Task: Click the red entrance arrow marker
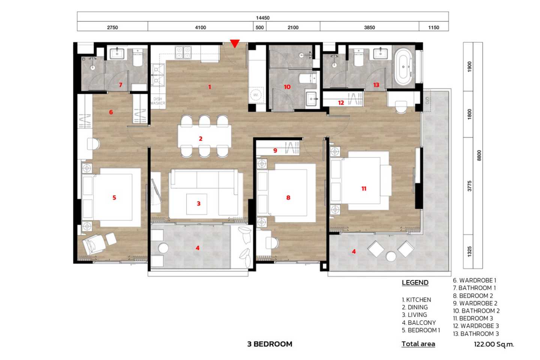tap(235, 43)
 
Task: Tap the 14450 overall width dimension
tap(262, 18)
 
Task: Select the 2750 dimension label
tap(112, 27)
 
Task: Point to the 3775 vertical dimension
tap(469, 186)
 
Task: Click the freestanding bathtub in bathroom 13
tap(403, 67)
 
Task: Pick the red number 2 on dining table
tap(201, 139)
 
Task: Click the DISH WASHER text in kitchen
tap(157, 101)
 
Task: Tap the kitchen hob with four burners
tap(183, 52)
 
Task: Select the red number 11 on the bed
tap(364, 189)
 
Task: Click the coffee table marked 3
tap(197, 204)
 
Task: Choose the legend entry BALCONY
tap(419, 322)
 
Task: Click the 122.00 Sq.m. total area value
tap(494, 344)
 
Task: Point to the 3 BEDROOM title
tap(270, 344)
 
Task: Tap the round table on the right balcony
tap(391, 256)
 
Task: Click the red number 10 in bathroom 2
tap(287, 87)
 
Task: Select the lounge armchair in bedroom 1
tap(94, 244)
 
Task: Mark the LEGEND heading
tap(415, 283)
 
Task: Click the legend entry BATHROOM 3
tap(476, 334)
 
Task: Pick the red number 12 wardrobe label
tap(341, 103)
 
